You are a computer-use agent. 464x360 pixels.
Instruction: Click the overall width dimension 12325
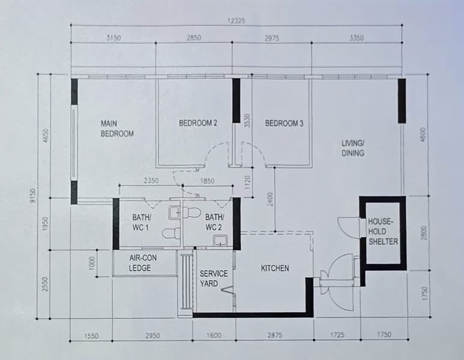(236, 21)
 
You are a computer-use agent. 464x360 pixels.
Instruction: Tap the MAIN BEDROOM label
(117, 128)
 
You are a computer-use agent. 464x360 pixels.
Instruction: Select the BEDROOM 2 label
(198, 123)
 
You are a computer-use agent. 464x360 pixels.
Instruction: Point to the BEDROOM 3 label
(284, 123)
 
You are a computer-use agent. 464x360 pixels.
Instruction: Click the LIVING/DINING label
(353, 148)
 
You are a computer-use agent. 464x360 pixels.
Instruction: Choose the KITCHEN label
(275, 268)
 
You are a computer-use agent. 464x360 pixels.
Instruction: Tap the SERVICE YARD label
(213, 278)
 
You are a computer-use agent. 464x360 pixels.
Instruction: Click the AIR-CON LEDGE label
(143, 263)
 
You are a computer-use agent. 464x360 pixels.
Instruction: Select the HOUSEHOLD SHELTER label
(383, 232)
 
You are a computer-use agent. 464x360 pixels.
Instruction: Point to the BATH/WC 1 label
(142, 222)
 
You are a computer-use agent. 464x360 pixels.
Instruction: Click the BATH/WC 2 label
(214, 222)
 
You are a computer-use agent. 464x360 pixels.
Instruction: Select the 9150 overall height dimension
(32, 196)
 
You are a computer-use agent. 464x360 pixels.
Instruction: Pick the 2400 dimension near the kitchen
(270, 199)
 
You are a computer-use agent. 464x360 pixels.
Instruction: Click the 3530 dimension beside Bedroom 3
(247, 121)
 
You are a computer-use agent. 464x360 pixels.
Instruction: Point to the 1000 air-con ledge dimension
(92, 263)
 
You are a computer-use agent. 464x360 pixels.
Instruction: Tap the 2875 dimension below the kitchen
(274, 335)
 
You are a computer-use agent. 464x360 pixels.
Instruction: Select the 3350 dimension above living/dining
(357, 38)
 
